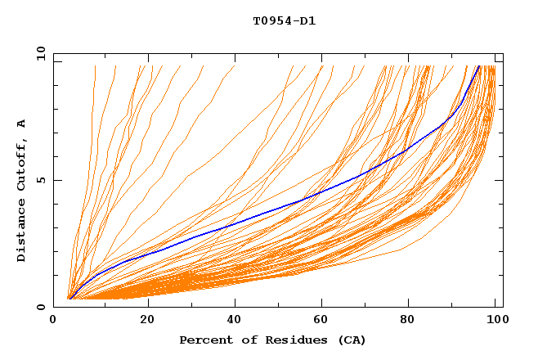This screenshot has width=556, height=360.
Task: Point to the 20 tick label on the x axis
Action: tap(148, 320)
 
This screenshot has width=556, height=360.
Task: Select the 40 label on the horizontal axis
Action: tap(236, 320)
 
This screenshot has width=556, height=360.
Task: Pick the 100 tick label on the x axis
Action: tap(495, 320)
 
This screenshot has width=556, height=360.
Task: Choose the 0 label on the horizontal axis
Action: tap(53, 320)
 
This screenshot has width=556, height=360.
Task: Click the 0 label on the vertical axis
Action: tap(40, 307)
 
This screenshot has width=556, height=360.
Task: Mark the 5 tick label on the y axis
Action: tap(40, 180)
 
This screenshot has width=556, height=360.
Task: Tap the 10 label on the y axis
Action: tap(38, 53)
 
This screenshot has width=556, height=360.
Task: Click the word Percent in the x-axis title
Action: tap(203, 340)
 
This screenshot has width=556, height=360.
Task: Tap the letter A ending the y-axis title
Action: tap(21, 124)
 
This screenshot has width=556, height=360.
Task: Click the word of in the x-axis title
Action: tap(243, 340)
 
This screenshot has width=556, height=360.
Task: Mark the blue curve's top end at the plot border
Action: tap(479, 65)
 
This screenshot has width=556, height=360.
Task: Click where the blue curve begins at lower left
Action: tap(69, 299)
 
